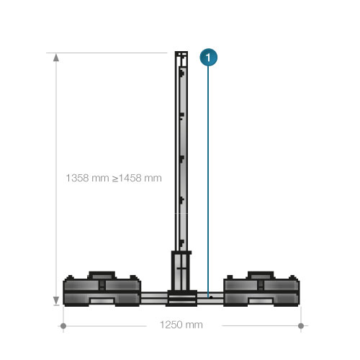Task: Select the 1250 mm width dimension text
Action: click(x=181, y=325)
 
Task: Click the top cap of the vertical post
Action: click(x=181, y=54)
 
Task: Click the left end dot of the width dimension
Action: click(x=64, y=326)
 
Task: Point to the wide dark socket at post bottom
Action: click(x=181, y=269)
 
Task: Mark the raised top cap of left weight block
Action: click(x=102, y=274)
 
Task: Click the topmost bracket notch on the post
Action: click(x=183, y=72)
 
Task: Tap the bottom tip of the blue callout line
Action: click(x=207, y=295)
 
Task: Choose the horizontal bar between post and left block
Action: click(x=153, y=296)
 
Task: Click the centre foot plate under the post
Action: click(x=181, y=297)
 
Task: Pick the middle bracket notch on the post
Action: click(x=183, y=156)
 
